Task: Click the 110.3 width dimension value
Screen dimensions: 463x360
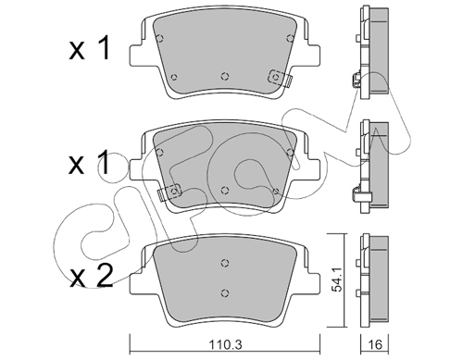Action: tap(225, 344)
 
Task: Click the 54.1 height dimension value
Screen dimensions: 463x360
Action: tap(336, 279)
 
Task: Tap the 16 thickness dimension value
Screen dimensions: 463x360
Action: tap(375, 344)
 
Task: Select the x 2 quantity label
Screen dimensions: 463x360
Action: tap(91, 277)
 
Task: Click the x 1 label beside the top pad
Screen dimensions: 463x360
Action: tap(89, 49)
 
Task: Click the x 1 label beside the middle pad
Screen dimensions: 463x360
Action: tap(89, 162)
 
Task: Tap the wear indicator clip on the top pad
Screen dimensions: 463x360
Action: tap(280, 78)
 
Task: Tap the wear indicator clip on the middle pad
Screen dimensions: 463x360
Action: tap(169, 192)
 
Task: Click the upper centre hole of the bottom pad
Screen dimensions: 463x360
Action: tap(225, 263)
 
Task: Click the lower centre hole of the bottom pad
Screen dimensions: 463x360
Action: tap(225, 292)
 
